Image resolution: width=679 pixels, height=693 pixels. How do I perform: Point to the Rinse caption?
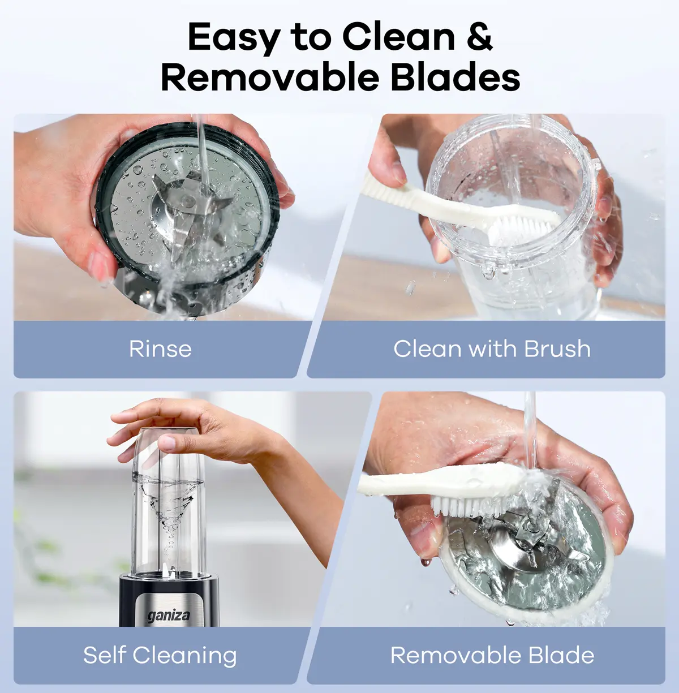point(160,349)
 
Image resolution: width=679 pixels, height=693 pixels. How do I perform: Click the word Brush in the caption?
point(557,348)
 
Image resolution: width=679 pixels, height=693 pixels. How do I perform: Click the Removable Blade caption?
point(492,655)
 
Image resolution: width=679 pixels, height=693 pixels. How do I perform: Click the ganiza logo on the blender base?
point(169,617)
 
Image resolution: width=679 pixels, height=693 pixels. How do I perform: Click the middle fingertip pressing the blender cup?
point(166,443)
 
